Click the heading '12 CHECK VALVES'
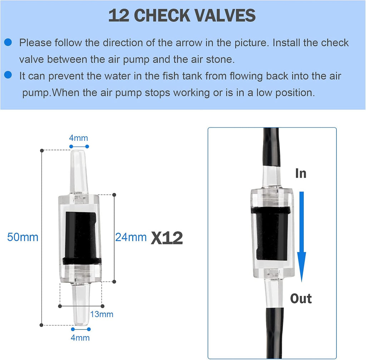pyautogui.click(x=182, y=16)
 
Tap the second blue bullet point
pyautogui.click(x=8, y=75)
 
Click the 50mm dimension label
pyautogui.click(x=23, y=237)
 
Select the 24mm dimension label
pyautogui.click(x=131, y=237)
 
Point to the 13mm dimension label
pyautogui.click(x=102, y=314)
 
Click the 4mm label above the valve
pyautogui.click(x=79, y=138)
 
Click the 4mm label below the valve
pyautogui.click(x=80, y=337)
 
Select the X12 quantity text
pyautogui.click(x=167, y=238)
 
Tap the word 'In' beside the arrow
pyautogui.click(x=301, y=174)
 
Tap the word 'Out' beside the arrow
pyautogui.click(x=301, y=298)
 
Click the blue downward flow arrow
pyautogui.click(x=301, y=236)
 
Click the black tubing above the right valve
pyautogui.click(x=271, y=147)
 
